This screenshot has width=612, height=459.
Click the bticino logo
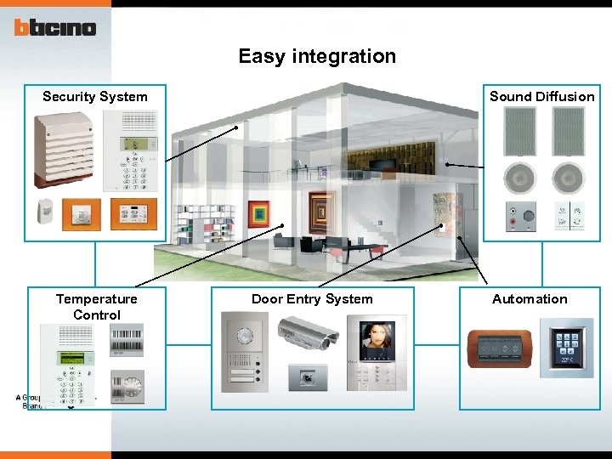click(x=54, y=27)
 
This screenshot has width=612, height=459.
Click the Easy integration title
click(x=317, y=57)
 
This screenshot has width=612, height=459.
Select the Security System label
click(x=95, y=97)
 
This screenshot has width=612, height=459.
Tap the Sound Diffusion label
click(x=541, y=97)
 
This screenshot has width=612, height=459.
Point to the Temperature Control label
click(x=96, y=307)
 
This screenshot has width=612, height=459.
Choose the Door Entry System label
click(x=312, y=299)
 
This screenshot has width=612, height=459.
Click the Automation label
click(x=530, y=299)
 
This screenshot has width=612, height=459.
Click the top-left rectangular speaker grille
click(x=519, y=132)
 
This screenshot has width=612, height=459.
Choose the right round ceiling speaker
click(x=568, y=178)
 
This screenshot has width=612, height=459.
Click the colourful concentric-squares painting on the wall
click(x=258, y=213)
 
